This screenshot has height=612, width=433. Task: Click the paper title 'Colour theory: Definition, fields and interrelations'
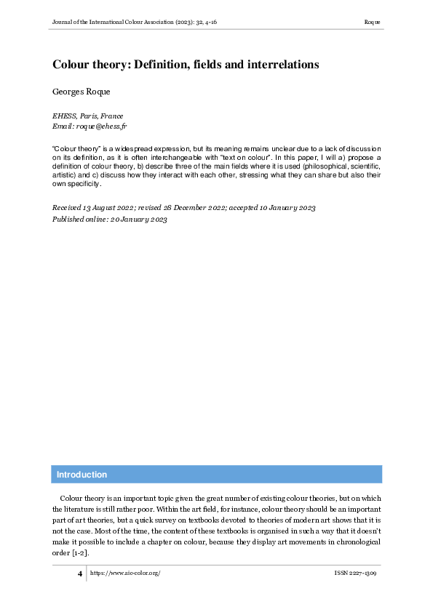coord(186,65)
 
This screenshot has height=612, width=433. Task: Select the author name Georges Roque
coord(78,93)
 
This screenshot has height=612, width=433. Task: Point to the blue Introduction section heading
coord(82,475)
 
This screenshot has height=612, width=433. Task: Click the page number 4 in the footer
coord(80,573)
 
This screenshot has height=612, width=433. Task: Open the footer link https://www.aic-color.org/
coord(124,573)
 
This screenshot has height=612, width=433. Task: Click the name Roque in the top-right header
coord(373,23)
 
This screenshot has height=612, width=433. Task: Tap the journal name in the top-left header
coord(134,23)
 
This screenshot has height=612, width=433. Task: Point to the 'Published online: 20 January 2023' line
coord(110,219)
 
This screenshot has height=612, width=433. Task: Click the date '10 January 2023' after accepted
coord(283,208)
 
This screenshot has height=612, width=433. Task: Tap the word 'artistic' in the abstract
coord(66,175)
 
